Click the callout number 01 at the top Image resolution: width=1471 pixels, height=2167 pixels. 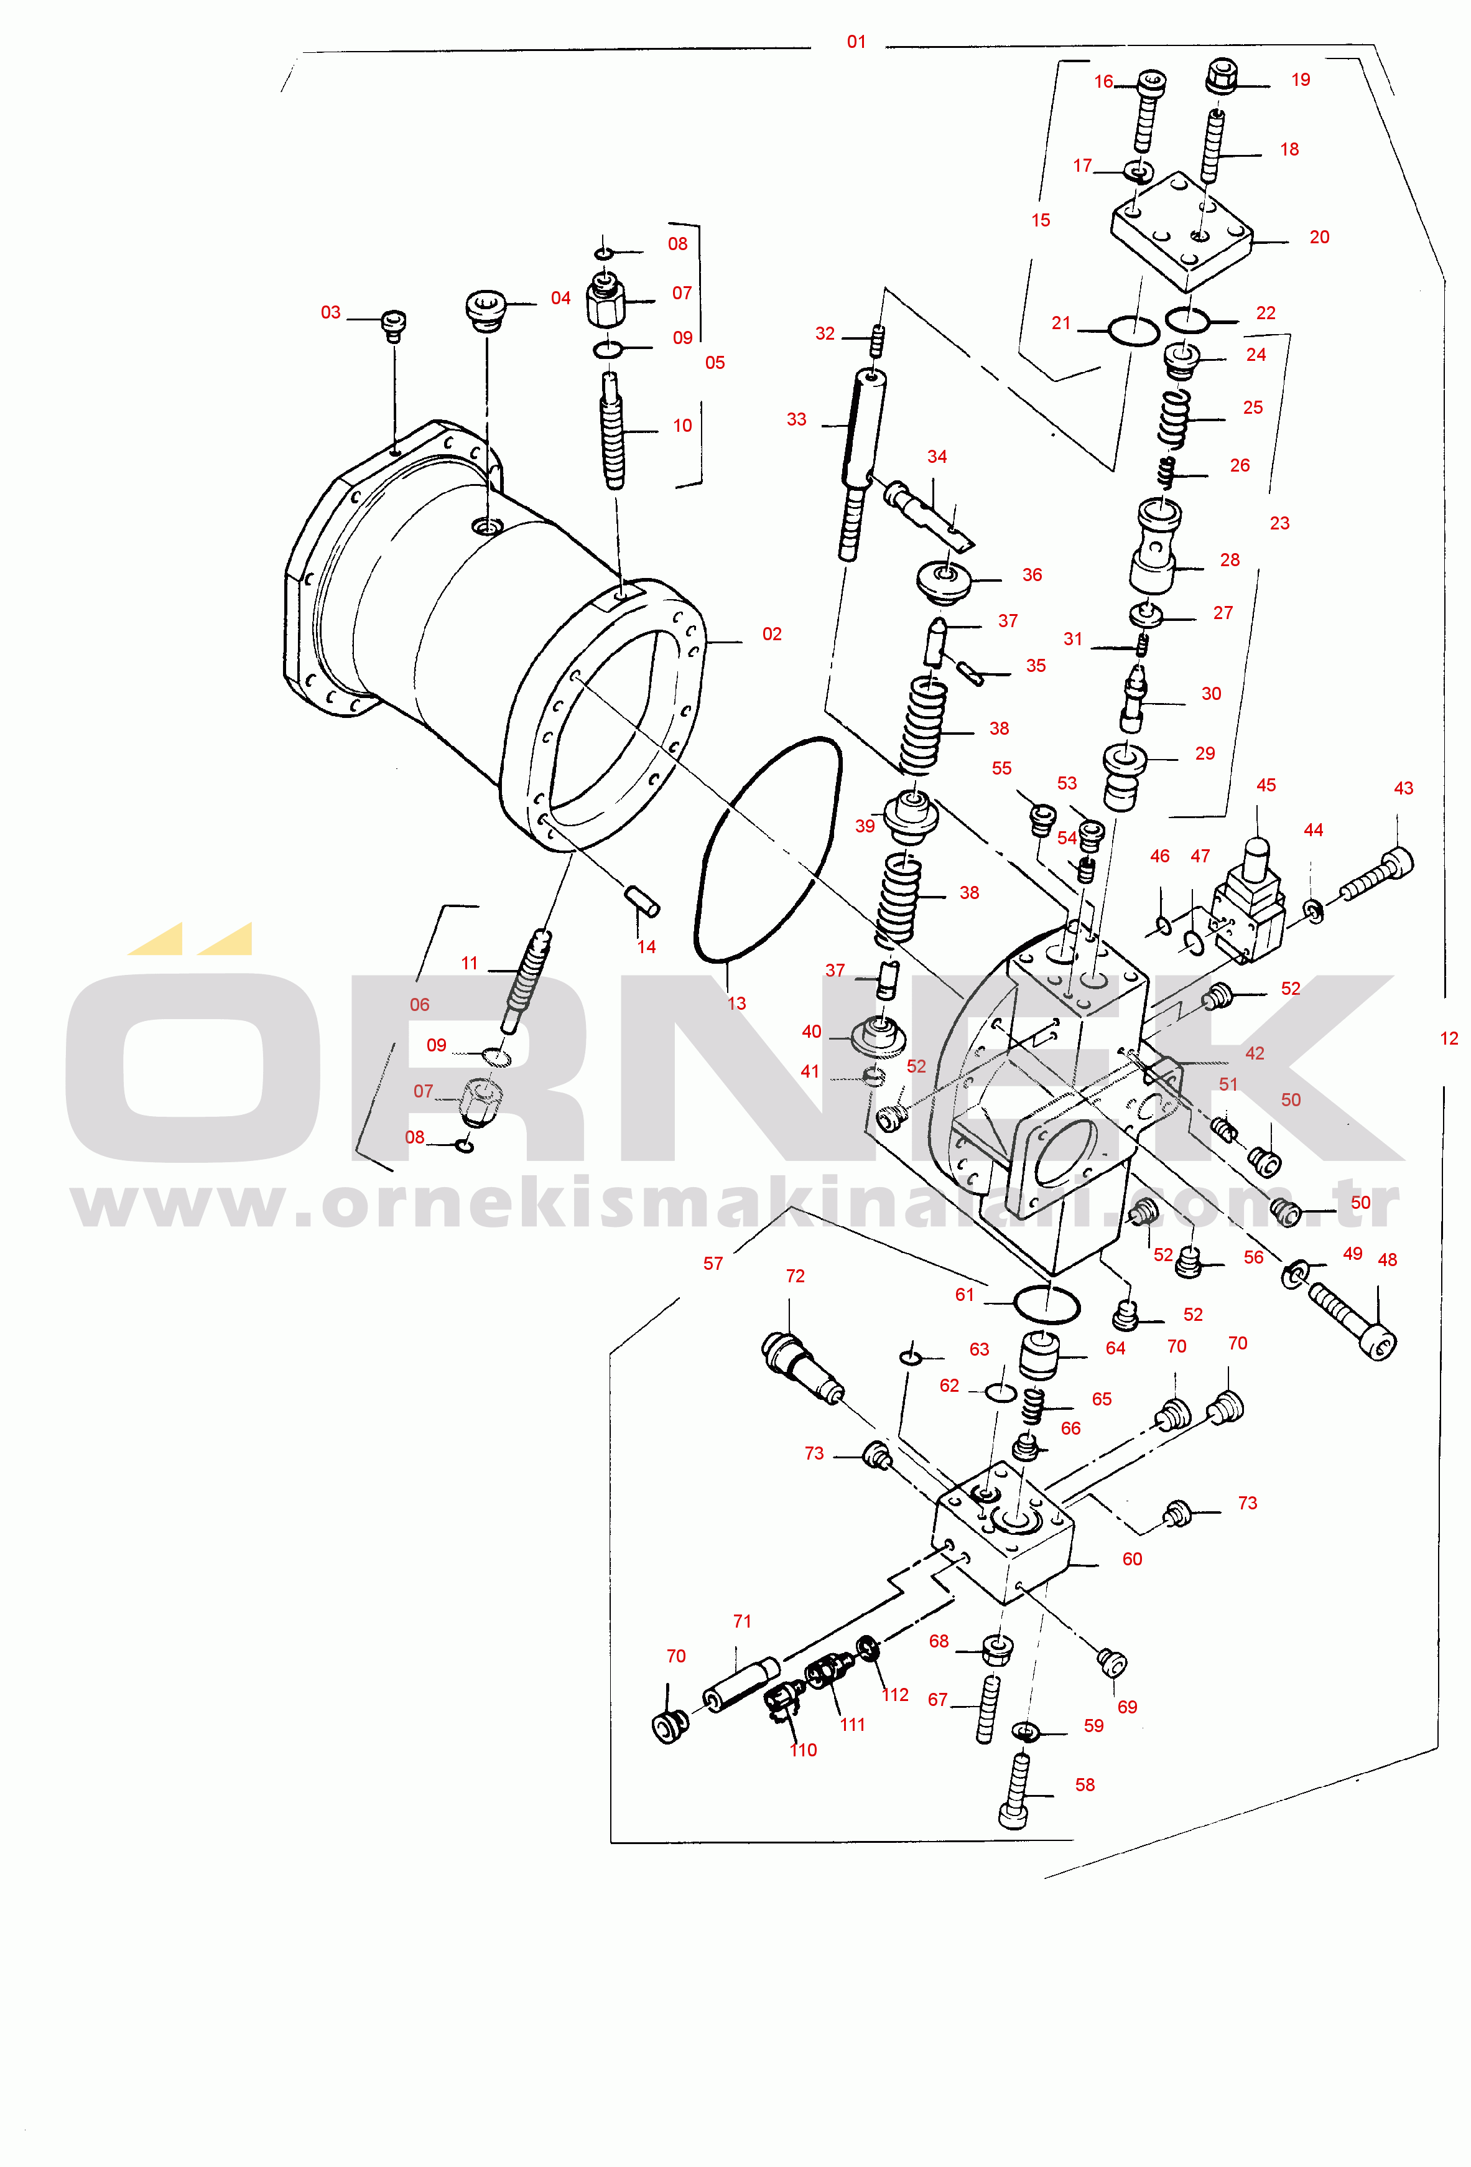pos(856,42)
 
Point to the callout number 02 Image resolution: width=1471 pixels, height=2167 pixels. pos(772,634)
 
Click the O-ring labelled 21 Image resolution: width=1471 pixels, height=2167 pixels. pos(1133,331)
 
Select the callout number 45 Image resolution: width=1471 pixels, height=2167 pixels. pos(1266,785)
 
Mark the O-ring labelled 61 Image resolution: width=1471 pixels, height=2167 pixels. pos(1046,1305)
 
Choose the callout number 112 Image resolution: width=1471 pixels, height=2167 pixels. pos(895,1694)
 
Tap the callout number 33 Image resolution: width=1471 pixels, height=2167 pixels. pos(796,419)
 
